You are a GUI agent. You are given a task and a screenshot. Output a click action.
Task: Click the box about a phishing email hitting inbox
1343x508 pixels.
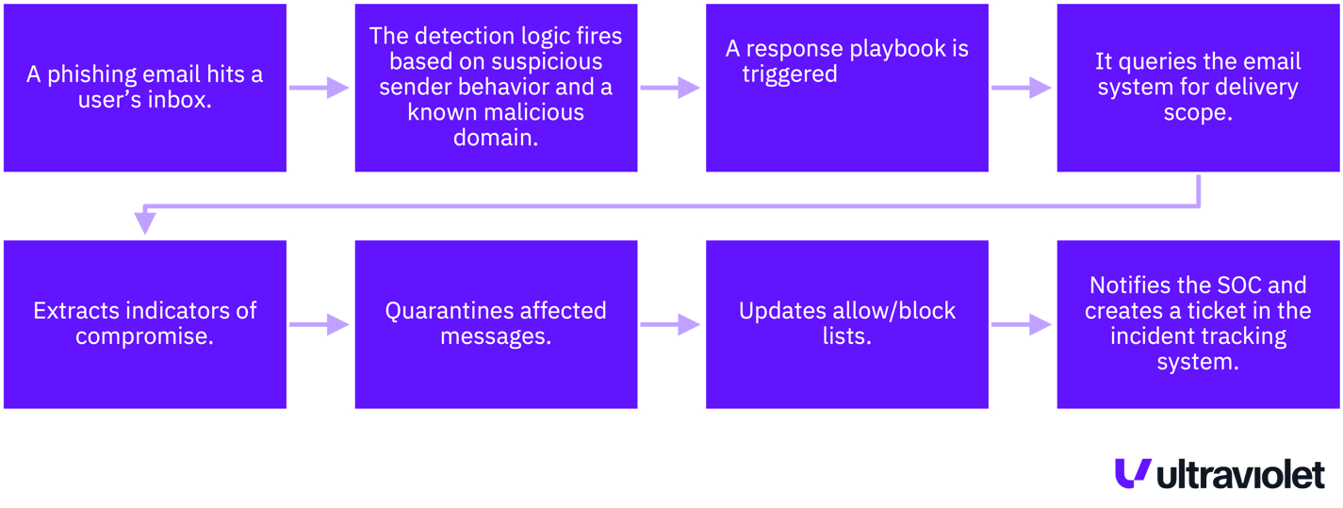[144, 88]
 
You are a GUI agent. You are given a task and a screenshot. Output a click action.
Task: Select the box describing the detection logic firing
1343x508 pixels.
[496, 88]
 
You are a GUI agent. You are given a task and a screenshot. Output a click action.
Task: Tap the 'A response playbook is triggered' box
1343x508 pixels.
[846, 88]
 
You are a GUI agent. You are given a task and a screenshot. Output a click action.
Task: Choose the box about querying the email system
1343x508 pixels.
[1197, 88]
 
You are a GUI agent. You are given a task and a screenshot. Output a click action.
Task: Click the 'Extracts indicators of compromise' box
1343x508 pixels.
[144, 324]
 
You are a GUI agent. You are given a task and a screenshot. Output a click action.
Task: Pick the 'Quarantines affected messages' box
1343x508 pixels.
[496, 324]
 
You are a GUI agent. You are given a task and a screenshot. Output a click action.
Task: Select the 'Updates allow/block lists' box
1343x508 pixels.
[846, 324]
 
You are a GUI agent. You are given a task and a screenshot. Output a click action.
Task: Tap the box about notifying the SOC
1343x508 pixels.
[1197, 324]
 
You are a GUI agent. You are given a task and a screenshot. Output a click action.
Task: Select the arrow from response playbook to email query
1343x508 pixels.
[1022, 88]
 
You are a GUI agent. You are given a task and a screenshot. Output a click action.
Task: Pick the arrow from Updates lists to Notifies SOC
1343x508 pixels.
[1022, 324]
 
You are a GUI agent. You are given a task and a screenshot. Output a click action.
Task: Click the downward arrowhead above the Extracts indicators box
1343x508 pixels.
[144, 223]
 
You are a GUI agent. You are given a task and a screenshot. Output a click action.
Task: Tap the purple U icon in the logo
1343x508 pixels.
[1131, 473]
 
